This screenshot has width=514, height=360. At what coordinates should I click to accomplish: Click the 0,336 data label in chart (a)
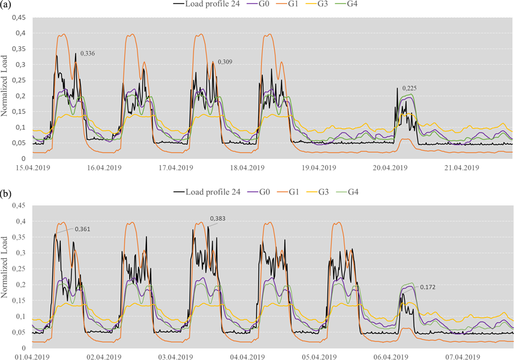(x=88, y=54)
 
